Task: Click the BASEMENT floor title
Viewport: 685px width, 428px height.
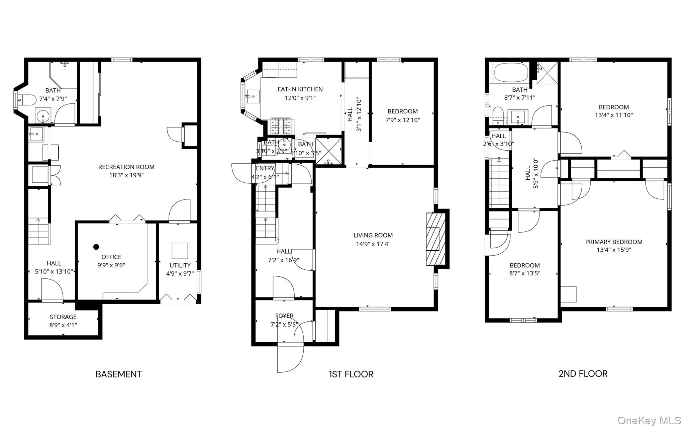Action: (118, 374)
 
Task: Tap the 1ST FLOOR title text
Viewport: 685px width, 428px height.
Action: (351, 374)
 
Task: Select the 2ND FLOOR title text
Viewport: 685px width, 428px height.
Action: (583, 373)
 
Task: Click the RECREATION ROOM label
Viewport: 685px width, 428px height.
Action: (126, 167)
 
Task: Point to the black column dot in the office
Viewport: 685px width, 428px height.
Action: (96, 247)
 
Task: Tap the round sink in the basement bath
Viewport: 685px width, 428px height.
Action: (43, 116)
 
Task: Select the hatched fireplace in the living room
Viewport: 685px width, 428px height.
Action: (436, 239)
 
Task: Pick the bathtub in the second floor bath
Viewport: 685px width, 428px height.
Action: (511, 72)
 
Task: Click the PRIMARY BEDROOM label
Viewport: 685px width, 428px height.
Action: (613, 242)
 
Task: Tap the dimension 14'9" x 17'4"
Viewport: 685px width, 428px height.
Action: (373, 244)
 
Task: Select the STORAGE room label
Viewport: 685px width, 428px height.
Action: (63, 317)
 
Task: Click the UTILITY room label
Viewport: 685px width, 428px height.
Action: (180, 265)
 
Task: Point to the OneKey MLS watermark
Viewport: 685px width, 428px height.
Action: (649, 420)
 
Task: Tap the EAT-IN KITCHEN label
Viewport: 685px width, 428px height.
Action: (300, 89)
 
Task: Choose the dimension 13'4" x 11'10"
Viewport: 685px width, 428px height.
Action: (613, 115)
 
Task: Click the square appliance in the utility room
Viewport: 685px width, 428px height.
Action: (180, 251)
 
